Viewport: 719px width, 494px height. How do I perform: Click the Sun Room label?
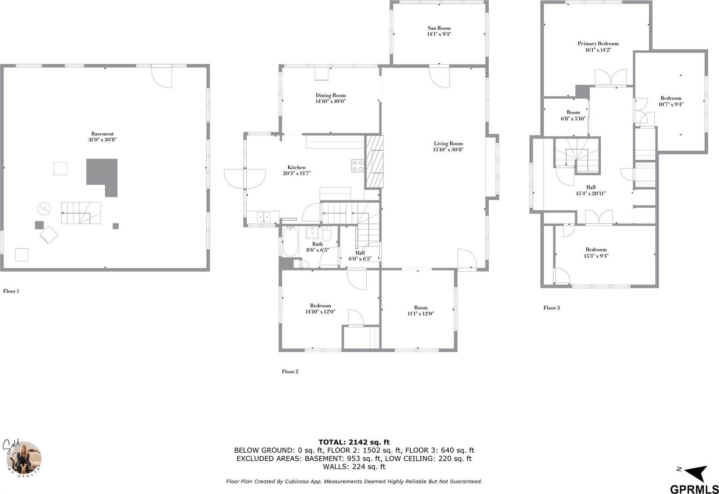[439, 28]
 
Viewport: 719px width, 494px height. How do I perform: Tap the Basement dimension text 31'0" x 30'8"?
[102, 140]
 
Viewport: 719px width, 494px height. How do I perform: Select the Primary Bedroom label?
[598, 44]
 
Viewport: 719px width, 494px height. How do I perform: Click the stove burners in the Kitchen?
[358, 166]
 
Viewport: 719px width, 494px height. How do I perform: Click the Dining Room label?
[330, 96]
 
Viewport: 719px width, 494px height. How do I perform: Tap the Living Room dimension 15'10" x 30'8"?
[448, 150]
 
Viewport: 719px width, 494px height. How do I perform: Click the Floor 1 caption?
[11, 291]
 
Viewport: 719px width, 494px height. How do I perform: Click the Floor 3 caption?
[551, 308]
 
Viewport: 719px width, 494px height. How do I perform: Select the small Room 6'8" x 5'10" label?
[573, 113]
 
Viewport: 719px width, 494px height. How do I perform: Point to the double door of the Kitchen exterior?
[245, 178]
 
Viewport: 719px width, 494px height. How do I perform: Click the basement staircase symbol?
[81, 214]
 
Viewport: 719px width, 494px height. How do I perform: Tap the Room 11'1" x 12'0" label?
[421, 308]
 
